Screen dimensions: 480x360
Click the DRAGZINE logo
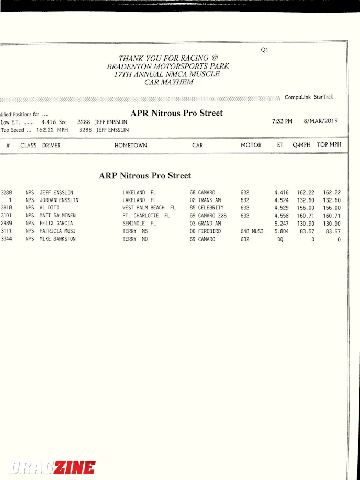coord(51,467)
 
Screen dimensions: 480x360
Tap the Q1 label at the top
coord(264,50)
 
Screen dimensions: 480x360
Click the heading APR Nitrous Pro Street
coord(176,113)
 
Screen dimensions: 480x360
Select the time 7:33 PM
coord(282,121)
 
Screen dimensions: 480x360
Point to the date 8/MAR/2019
coord(320,121)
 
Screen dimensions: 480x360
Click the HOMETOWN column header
coord(131,146)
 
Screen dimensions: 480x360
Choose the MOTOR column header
coord(251,146)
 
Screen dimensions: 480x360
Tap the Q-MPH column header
coord(301,145)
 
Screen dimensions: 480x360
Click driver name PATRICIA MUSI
coord(58,231)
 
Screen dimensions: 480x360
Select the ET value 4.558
coord(281,216)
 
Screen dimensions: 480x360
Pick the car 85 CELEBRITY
coord(206,208)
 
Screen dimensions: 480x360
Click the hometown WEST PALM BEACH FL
coord(149,208)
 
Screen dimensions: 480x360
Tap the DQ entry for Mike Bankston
coord(280,239)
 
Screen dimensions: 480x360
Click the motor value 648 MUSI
coord(252,231)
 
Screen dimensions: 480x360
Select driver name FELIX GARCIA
coord(56,224)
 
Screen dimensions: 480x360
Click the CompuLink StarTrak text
coord(309,97)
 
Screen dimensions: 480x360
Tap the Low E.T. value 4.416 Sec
coord(54,122)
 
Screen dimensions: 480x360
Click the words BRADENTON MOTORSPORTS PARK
coord(168,66)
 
